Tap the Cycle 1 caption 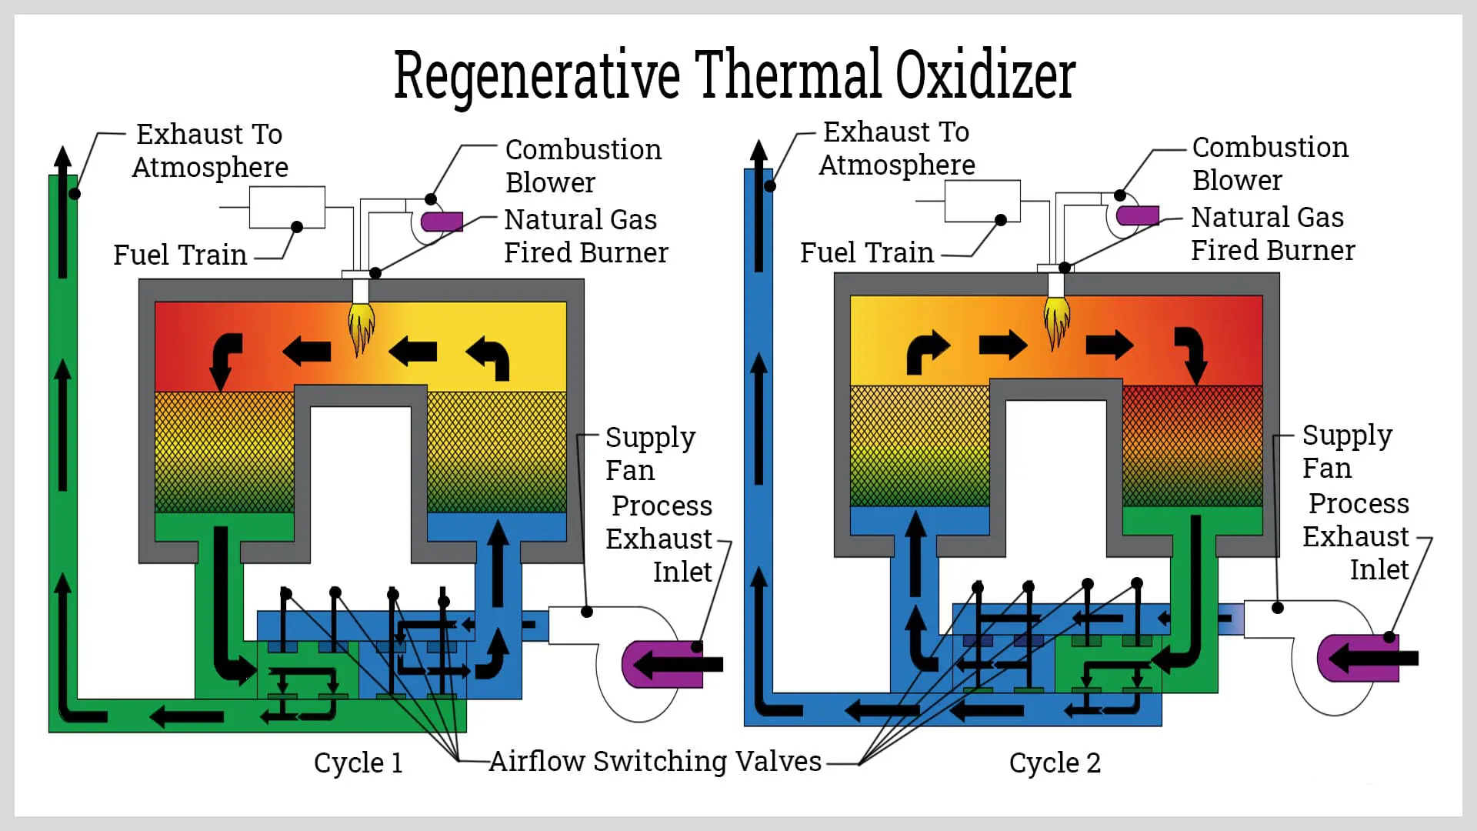[358, 763]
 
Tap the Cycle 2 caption [1055, 763]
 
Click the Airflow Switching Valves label [655, 761]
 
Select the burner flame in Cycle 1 [360, 327]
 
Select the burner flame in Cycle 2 [1056, 321]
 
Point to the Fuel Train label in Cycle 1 [180, 255]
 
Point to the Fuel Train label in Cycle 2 [867, 252]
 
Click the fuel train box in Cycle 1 [287, 207]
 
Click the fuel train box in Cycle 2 [982, 201]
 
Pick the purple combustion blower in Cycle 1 [442, 222]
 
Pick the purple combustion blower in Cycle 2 [1138, 215]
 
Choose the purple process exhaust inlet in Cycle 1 [662, 664]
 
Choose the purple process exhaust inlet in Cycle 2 [1358, 658]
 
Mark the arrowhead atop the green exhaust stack [63, 157]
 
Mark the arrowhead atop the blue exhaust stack [759, 152]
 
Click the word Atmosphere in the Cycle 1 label [210, 168]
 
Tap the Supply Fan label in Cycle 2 [1346, 452]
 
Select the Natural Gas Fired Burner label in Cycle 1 [585, 236]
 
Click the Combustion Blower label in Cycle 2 [1269, 164]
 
